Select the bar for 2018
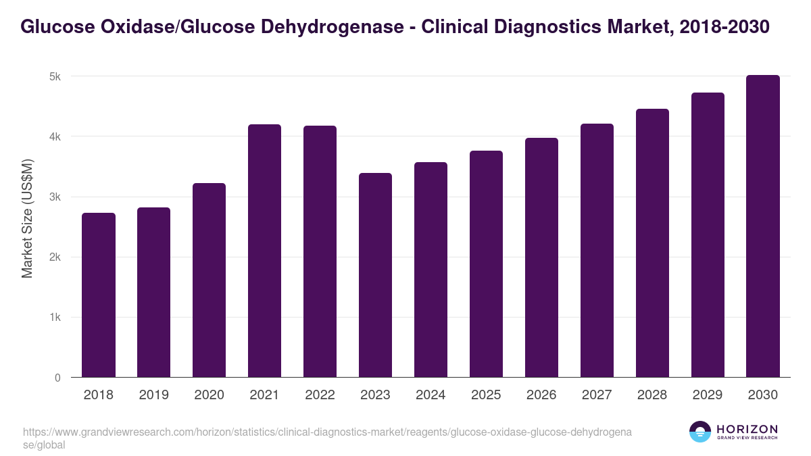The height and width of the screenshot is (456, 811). pyautogui.click(x=99, y=295)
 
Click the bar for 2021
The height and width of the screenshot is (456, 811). pyautogui.click(x=264, y=251)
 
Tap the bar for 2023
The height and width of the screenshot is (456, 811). pyautogui.click(x=375, y=275)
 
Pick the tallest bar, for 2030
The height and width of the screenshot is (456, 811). pyautogui.click(x=763, y=226)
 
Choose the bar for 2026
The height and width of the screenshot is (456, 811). pyautogui.click(x=541, y=257)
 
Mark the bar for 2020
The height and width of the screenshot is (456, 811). pyautogui.click(x=209, y=280)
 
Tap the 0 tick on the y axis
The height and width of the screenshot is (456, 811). pyautogui.click(x=57, y=378)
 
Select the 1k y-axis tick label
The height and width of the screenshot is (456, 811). pyautogui.click(x=55, y=318)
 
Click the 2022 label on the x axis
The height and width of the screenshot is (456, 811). pyautogui.click(x=320, y=395)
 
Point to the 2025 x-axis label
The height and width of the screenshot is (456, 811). pyautogui.click(x=486, y=395)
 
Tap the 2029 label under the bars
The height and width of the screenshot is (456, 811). pyautogui.click(x=708, y=395)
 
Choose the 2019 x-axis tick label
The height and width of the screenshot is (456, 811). pyautogui.click(x=153, y=395)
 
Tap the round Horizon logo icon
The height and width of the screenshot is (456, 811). pyautogui.click(x=700, y=432)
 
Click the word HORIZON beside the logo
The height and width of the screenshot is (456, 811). pyautogui.click(x=747, y=429)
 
